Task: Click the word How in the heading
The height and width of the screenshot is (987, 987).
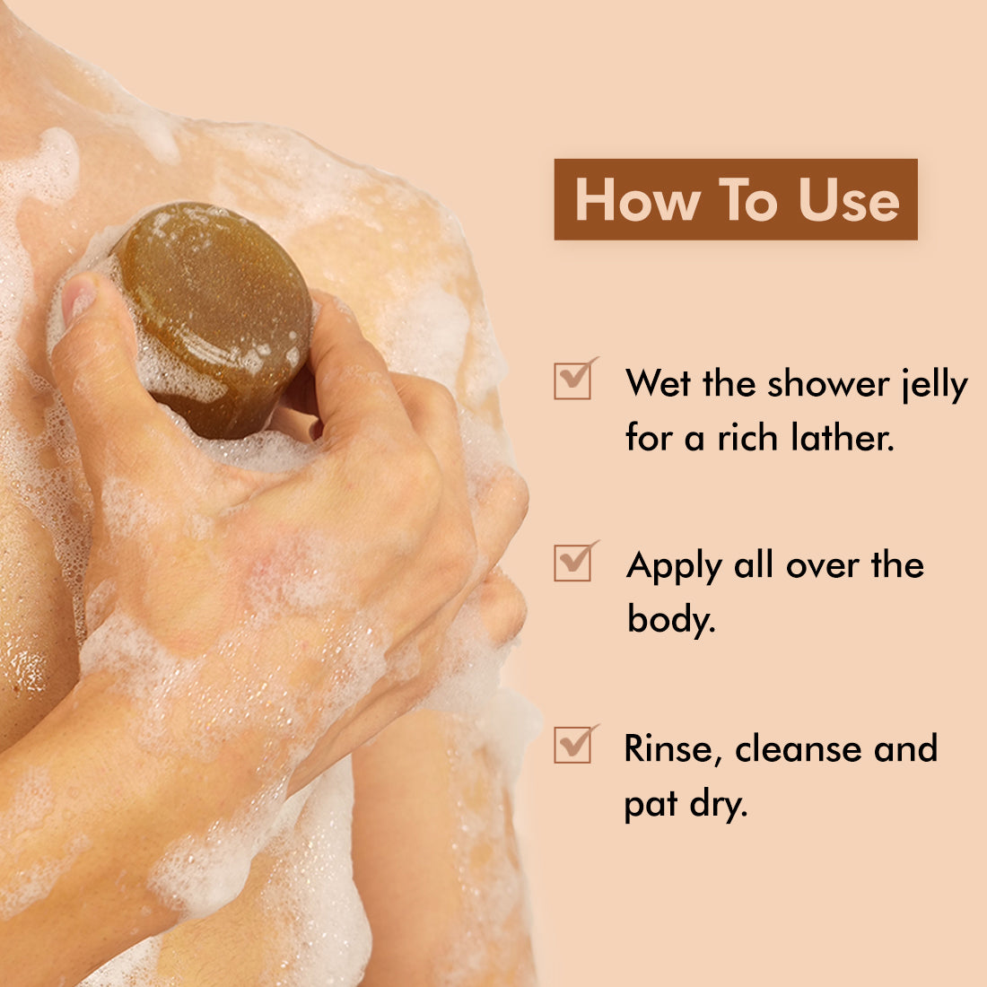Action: pyautogui.click(x=637, y=200)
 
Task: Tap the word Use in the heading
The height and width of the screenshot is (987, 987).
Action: pyautogui.click(x=849, y=200)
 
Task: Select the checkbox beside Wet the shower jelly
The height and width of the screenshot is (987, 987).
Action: pyautogui.click(x=574, y=380)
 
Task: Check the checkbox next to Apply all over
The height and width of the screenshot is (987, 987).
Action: pyautogui.click(x=574, y=562)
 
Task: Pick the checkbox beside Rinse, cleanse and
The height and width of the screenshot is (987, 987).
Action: pyautogui.click(x=574, y=744)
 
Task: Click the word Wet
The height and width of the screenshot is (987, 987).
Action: pyautogui.click(x=658, y=383)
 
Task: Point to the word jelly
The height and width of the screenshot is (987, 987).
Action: pyautogui.click(x=934, y=385)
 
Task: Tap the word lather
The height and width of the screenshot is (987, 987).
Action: pyautogui.click(x=843, y=437)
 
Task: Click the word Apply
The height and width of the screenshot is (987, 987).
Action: pyautogui.click(x=674, y=566)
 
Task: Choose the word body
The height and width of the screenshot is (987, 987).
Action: pyautogui.click(x=672, y=619)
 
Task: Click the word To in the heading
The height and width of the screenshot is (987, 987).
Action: pyautogui.click(x=748, y=200)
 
